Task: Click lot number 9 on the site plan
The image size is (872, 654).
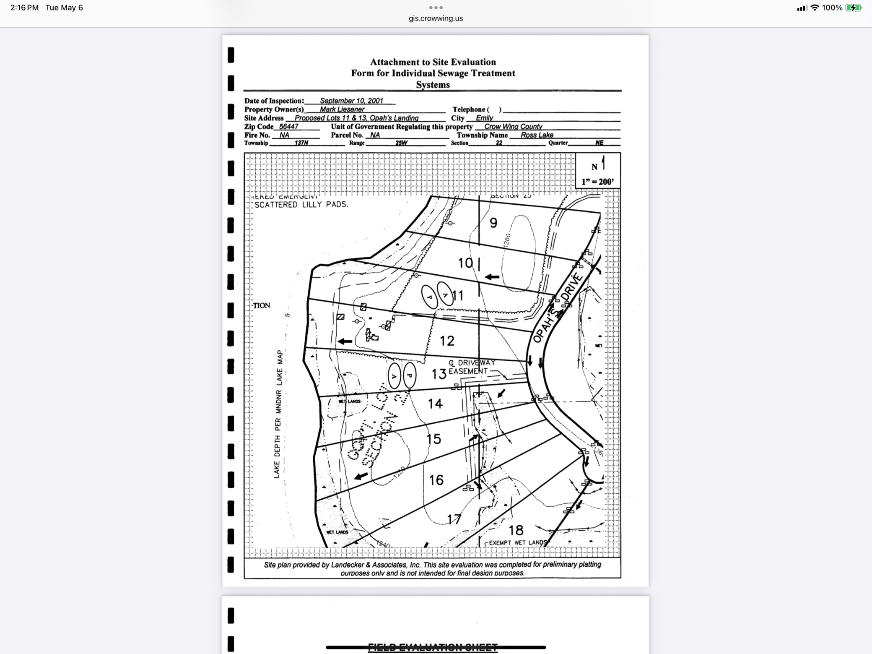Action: coord(493,223)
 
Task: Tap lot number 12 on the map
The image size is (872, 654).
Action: coord(447,341)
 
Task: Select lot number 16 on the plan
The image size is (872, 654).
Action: coord(436,479)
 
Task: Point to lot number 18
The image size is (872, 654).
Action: coord(516,530)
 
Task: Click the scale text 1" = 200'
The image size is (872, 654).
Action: coord(597,182)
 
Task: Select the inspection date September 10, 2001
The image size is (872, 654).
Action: coord(351,101)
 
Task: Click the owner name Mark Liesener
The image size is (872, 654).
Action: coord(342,109)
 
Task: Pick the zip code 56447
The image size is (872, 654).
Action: coord(288,126)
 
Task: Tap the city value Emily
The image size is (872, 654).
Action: coord(484,118)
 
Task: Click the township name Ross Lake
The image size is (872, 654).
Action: coord(537,135)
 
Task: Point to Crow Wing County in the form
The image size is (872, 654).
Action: coord(513,126)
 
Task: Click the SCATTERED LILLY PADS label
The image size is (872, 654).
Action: coord(301,205)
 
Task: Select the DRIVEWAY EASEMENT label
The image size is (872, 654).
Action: coord(472,367)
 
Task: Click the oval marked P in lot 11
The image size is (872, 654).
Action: coord(429,297)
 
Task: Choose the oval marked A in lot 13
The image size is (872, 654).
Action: coord(394,376)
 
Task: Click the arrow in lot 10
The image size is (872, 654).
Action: coord(492,277)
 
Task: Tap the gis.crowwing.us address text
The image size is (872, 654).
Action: coord(436,18)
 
